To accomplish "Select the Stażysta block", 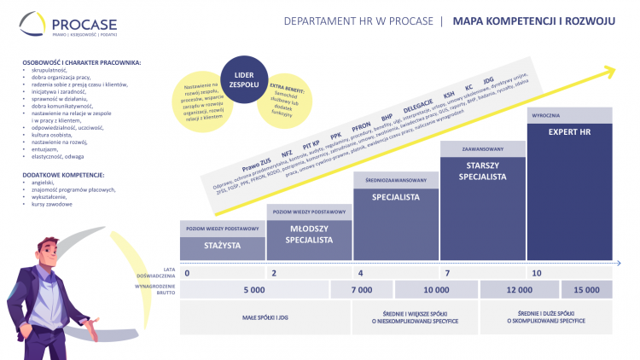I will [x=221, y=245].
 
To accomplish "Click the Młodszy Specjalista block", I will [x=309, y=235].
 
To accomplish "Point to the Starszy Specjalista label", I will [x=481, y=171].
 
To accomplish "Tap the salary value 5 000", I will [x=254, y=291].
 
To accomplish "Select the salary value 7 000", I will [x=362, y=291].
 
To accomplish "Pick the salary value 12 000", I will [x=519, y=291].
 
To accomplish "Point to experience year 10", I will [x=537, y=273].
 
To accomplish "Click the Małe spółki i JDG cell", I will [x=264, y=318].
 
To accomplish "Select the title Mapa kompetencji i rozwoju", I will [x=533, y=20].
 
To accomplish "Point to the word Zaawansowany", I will [x=482, y=149].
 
